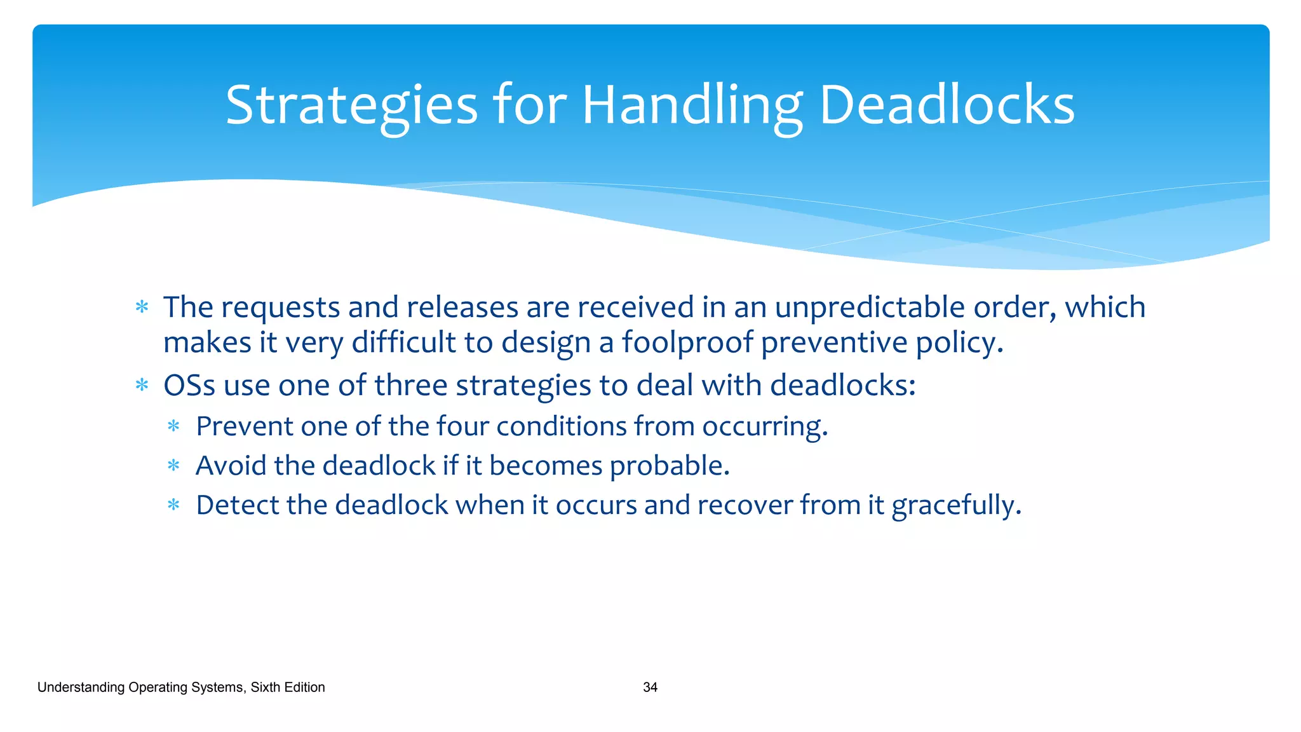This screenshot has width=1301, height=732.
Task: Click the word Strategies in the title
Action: [x=351, y=105]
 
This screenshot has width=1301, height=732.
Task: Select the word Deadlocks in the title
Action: [x=947, y=105]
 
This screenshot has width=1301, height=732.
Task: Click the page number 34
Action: [x=650, y=687]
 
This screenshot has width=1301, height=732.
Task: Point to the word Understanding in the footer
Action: [x=81, y=687]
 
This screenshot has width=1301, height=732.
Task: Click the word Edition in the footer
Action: [x=305, y=687]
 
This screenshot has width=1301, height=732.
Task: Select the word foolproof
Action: [x=687, y=342]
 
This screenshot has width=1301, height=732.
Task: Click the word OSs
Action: [x=189, y=385]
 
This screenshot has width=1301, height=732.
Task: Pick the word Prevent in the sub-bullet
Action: [x=245, y=426]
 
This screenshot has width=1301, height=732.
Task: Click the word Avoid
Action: [x=231, y=466]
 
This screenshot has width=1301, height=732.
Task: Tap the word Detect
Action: [x=238, y=505]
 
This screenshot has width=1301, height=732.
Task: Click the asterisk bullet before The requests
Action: [x=142, y=308]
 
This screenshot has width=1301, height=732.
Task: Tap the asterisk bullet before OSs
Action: [x=142, y=385]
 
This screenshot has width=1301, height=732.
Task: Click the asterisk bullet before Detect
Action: [x=173, y=505]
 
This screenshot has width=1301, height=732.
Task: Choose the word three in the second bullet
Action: [x=411, y=385]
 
